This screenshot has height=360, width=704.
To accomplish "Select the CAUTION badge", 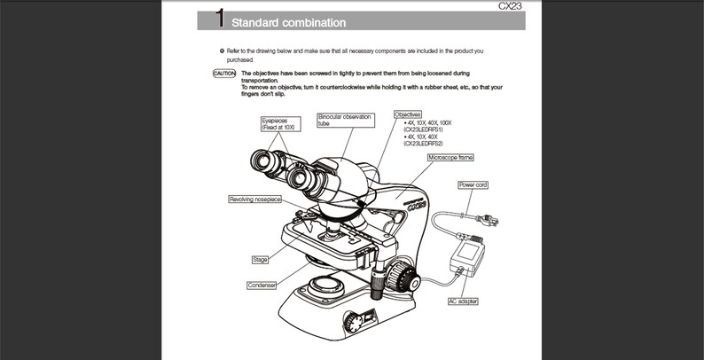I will click(224, 74).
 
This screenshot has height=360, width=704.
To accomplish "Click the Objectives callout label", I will click(409, 114).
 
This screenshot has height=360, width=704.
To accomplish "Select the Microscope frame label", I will click(450, 157).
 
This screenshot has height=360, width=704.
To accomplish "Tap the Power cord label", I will click(473, 184).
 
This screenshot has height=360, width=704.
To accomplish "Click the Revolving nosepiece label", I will click(255, 200).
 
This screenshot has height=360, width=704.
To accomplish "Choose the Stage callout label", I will click(260, 260).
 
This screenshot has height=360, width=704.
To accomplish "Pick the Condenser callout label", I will click(262, 285).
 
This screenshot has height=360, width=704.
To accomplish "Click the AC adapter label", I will click(463, 301).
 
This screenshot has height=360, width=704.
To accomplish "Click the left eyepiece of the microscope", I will click(269, 163).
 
